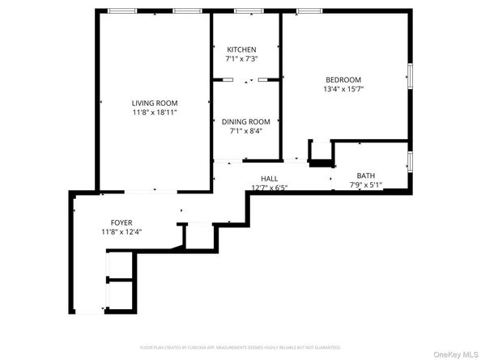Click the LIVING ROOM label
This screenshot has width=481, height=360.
[x=155, y=103]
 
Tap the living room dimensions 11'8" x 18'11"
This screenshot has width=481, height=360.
[x=155, y=112]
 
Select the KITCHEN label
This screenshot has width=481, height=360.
[x=241, y=49]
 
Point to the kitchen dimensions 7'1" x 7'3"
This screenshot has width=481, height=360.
[x=241, y=59]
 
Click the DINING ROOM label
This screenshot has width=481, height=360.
[x=246, y=121]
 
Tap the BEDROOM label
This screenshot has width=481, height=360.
[x=343, y=79]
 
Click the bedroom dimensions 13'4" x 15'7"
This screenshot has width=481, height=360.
[x=343, y=89]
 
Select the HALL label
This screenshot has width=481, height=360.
[x=269, y=178]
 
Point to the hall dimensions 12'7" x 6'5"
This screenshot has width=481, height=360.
[x=269, y=187]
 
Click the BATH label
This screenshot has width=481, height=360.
[x=366, y=176]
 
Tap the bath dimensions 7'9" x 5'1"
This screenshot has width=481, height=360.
[x=366, y=185]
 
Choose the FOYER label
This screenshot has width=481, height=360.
[x=121, y=222]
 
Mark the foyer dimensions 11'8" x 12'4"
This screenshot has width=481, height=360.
[x=121, y=232]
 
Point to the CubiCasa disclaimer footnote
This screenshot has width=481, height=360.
[x=240, y=346]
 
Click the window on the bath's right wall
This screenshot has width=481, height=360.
[x=410, y=161]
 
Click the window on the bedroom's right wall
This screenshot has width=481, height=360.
[x=410, y=74]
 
